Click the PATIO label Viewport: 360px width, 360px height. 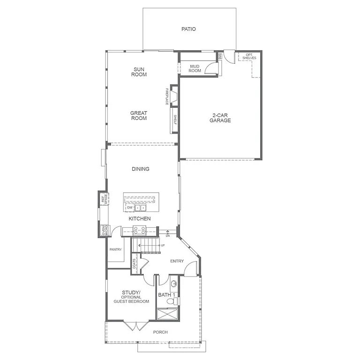(188, 29)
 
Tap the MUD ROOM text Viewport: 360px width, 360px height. (195, 68)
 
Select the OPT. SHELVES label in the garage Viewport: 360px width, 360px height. (249, 56)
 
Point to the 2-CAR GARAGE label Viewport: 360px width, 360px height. (220, 118)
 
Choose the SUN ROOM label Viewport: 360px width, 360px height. (139, 72)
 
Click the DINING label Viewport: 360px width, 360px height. (140, 169)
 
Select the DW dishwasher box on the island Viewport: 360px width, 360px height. (129, 207)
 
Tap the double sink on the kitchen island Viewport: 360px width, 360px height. (140, 207)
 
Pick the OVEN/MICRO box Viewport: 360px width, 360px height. (104, 230)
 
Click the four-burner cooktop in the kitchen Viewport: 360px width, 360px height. (140, 230)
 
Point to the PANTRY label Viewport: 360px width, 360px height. (116, 250)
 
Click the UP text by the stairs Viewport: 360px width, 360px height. (163, 246)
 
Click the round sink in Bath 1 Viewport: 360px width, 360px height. (173, 284)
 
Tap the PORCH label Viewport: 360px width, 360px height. (160, 332)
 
